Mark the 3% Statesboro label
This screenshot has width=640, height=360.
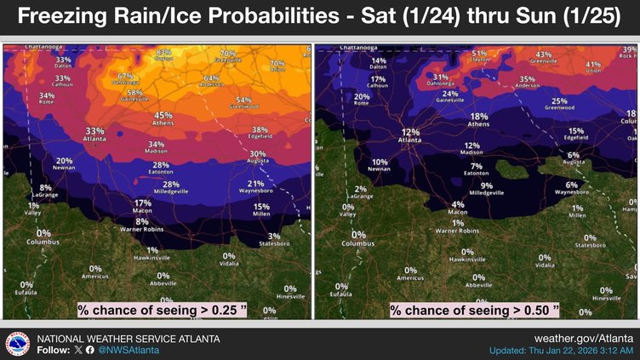pos(274,239)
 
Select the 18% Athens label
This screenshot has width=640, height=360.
pos(479,119)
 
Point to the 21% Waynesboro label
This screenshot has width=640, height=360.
pos(255,186)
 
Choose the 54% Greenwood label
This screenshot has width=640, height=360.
pos(243,102)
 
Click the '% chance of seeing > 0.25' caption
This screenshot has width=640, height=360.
pos(162,310)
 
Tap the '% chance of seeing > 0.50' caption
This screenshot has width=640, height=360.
pos(475,310)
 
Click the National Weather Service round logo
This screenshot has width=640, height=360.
pos(18,343)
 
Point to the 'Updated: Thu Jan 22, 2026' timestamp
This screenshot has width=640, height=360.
pos(561,351)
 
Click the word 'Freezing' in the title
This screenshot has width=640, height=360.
pos(82,18)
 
